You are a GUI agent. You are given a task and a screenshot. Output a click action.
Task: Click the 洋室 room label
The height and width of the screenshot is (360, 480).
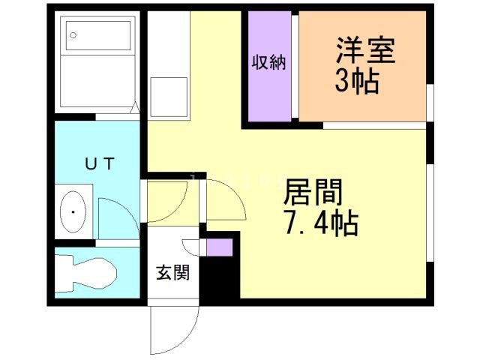click(365, 52)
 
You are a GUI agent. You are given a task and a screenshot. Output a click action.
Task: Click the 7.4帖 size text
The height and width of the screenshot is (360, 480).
click(320, 223)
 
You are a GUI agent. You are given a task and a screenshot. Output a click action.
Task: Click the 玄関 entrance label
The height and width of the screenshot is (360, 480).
click(172, 272)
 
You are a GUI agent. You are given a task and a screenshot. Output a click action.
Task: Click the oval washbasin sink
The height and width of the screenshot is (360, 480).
click(73, 212)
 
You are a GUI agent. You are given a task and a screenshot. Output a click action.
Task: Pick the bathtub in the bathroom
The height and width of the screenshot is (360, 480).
click(98, 64)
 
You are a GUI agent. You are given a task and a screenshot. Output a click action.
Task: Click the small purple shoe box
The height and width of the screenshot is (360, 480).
click(219, 247)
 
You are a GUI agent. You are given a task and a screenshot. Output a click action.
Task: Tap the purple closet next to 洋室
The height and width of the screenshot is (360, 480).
click(269, 65)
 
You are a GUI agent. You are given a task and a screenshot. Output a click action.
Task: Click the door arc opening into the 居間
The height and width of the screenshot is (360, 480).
click(225, 199)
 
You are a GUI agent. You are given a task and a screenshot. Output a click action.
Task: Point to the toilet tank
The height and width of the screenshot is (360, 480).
click(63, 274)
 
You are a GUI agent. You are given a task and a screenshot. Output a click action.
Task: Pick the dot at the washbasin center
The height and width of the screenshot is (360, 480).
click(73, 212)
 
